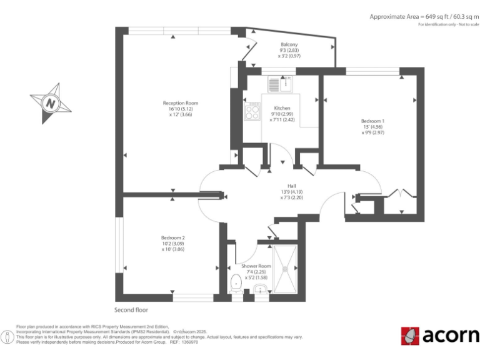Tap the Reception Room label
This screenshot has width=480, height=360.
[180, 103]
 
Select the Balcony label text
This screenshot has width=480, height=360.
[289, 44]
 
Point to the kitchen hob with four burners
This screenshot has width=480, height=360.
[252, 112]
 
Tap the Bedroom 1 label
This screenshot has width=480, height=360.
[372, 121]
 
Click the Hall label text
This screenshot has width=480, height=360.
[291, 186]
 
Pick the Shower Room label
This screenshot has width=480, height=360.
[256, 266]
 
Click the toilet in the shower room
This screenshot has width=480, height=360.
[236, 282]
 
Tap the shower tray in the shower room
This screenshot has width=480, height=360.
[287, 269]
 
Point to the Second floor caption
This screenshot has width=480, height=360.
[131, 309]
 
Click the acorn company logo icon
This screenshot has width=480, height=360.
[410, 336]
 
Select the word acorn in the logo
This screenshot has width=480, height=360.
[450, 336]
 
